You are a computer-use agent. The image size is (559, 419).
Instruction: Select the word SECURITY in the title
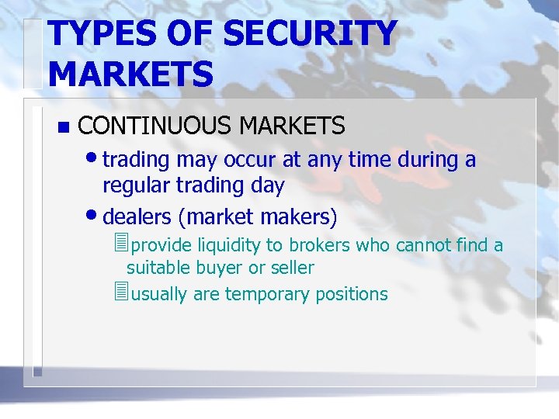click(x=309, y=34)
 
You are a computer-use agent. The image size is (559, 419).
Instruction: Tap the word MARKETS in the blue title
click(x=130, y=74)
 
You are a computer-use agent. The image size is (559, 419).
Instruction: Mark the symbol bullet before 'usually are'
click(x=119, y=293)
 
